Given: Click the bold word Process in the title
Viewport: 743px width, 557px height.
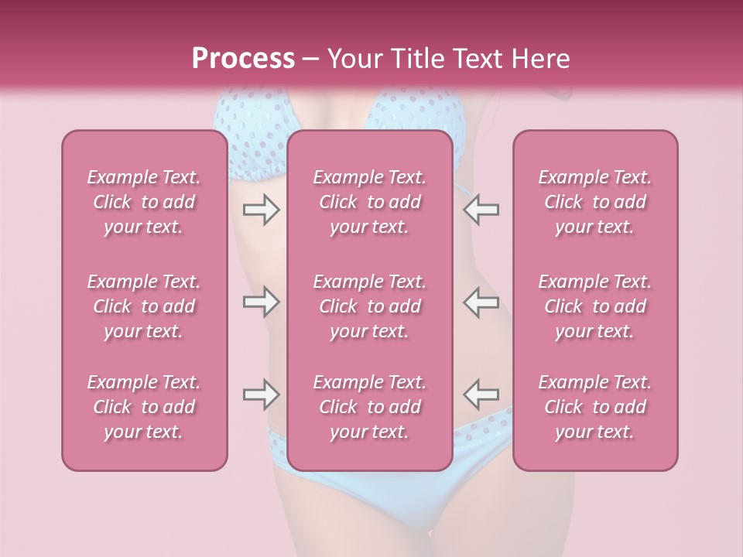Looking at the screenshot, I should click(x=243, y=59).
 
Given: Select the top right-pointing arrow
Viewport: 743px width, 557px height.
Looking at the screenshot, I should click(x=261, y=210).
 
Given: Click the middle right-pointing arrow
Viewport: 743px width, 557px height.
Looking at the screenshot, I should click(x=261, y=302).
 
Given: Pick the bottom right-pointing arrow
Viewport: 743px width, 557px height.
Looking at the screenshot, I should click(x=261, y=395).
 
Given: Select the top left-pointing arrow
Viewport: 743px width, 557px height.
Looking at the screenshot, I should click(x=481, y=210).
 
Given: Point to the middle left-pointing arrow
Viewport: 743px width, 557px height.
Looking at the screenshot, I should click(x=481, y=302).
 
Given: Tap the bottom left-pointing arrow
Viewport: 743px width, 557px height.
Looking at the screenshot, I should click(x=481, y=395).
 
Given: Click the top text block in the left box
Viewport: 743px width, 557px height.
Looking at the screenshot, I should click(x=144, y=202).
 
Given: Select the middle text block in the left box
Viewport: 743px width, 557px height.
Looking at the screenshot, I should click(x=144, y=306).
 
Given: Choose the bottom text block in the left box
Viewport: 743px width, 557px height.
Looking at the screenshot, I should click(x=144, y=407).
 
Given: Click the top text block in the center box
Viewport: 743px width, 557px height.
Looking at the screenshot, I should click(x=370, y=202).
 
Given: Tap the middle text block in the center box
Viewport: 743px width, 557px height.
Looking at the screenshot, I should click(x=370, y=306).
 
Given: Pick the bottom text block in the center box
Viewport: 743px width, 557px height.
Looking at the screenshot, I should click(x=370, y=407).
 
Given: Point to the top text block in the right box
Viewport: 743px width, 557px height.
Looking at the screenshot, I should click(x=595, y=202).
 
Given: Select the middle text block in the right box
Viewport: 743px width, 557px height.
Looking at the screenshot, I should click(x=595, y=306).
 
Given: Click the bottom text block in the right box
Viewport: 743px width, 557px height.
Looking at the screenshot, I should click(x=595, y=407).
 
